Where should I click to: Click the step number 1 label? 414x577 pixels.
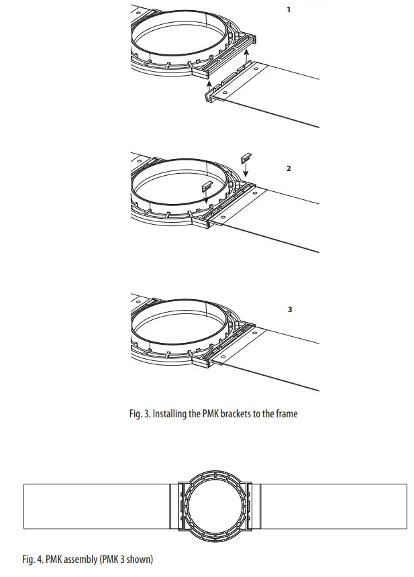pos(289,11)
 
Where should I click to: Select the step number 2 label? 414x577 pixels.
pos(289,168)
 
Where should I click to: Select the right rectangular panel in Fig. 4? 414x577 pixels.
pos(332,506)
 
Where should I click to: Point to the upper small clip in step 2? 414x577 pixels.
pos(246,157)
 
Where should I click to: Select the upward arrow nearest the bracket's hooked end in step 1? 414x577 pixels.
pos(208,85)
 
